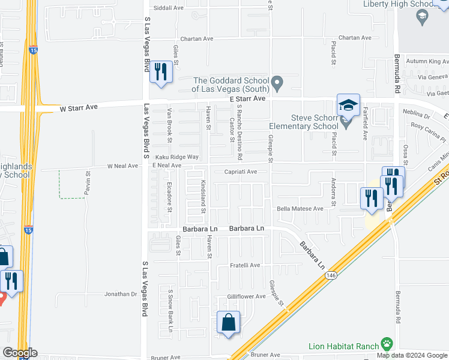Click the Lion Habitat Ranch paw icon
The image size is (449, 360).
pyautogui.click(x=387, y=345)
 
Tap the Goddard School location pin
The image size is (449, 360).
pyautogui.click(x=277, y=83)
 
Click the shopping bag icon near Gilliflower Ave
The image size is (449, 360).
pyautogui.click(x=229, y=323)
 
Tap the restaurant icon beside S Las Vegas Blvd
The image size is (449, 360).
pyautogui.click(x=160, y=72)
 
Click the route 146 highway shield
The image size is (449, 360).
pyautogui.click(x=331, y=275)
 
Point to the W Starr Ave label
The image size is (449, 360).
pyautogui.click(x=78, y=109)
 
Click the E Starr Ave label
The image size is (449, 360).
pyautogui.click(x=246, y=98)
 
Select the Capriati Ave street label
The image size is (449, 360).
pyautogui.click(x=240, y=172)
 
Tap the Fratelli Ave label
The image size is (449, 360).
pyautogui.click(x=246, y=265)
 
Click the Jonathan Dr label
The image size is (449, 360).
pyautogui.click(x=121, y=294)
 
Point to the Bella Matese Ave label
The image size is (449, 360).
pyautogui.click(x=300, y=209)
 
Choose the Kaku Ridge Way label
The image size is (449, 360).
pyautogui.click(x=176, y=157)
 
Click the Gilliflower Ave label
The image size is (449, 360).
pyautogui.click(x=246, y=296)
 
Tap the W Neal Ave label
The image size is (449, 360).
pyautogui.click(x=123, y=166)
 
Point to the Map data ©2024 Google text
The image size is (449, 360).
pyautogui.click(x=412, y=355)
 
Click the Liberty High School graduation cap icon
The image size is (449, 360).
pyautogui.click(x=422, y=17)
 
